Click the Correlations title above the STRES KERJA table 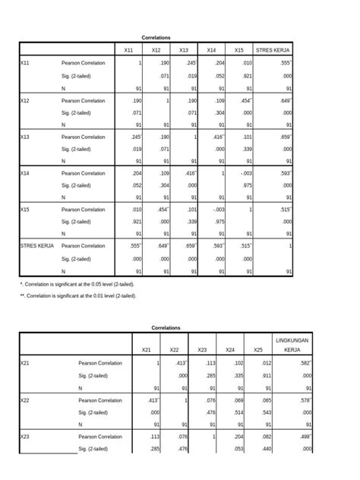click(x=156, y=37)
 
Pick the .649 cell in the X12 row click(x=285, y=99)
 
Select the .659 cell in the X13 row click(x=285, y=136)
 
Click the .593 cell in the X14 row click(x=285, y=172)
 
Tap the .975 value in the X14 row click(x=245, y=185)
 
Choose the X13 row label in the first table click(x=26, y=136)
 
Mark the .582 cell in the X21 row click(x=304, y=364)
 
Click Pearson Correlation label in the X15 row click(x=84, y=209)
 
